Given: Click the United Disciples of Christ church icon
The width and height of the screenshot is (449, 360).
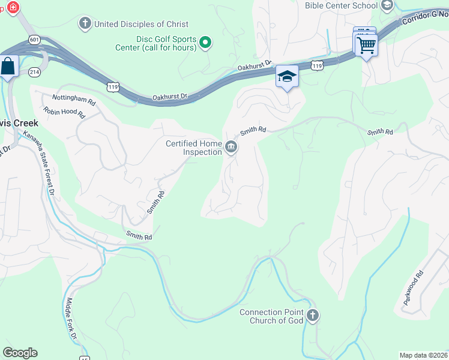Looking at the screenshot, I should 85,24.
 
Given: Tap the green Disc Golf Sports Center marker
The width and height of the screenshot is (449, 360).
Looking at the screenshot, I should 205,42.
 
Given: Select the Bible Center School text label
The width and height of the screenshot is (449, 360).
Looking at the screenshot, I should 341,5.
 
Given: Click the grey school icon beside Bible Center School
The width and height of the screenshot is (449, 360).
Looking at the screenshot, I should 387,5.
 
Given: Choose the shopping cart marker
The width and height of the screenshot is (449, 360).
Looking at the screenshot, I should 366,44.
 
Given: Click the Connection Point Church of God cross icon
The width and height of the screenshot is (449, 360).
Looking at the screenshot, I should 312,316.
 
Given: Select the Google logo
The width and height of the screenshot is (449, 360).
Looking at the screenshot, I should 20,353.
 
